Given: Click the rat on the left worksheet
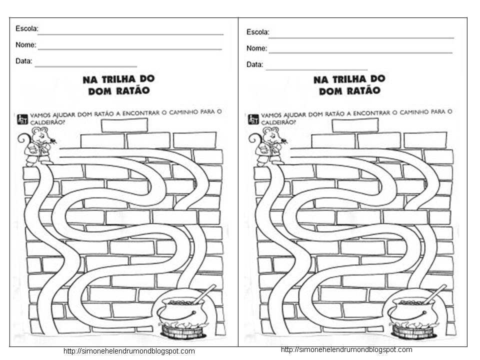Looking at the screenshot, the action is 37,145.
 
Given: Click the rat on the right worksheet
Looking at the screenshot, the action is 267,145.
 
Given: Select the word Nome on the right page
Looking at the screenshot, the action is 256,48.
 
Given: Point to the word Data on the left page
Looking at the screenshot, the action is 24,61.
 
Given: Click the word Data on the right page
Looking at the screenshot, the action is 254,64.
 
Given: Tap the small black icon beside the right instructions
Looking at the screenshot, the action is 253,118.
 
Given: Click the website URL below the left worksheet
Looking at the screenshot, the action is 129,351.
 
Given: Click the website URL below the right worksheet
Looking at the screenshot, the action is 346,349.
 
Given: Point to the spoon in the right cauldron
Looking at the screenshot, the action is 435,293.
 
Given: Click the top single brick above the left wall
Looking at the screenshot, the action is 124,125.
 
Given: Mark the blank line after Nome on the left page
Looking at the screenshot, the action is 130,49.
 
